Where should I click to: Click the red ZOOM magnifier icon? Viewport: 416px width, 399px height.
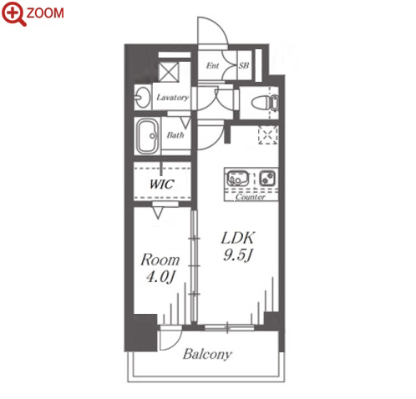[x=13, y=13]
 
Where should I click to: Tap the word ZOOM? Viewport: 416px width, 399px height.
[x=45, y=13]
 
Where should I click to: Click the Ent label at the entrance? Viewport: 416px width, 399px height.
[x=212, y=65]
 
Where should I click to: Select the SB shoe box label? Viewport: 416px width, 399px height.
[x=244, y=65]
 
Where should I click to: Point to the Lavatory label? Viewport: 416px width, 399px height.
[x=173, y=98]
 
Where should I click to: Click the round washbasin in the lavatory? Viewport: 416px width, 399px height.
[x=142, y=98]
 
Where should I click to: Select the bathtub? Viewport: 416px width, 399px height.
[x=147, y=136]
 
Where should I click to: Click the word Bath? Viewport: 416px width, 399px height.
[x=175, y=135]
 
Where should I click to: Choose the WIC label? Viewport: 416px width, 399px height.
[x=162, y=184]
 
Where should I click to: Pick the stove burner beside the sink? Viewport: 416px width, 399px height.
[x=267, y=178]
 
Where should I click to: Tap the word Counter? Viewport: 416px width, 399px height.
[x=251, y=197]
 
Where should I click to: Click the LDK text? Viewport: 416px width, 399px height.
[x=238, y=238]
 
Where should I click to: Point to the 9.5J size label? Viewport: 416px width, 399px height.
[x=238, y=255]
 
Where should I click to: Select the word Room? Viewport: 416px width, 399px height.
[x=160, y=260]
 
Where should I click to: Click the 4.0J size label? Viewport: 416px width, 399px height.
[x=160, y=277]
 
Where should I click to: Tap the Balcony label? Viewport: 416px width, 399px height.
[x=207, y=354]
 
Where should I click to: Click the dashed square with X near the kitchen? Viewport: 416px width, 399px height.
[x=268, y=135]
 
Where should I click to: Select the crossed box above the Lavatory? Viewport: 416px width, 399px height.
[x=169, y=72]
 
